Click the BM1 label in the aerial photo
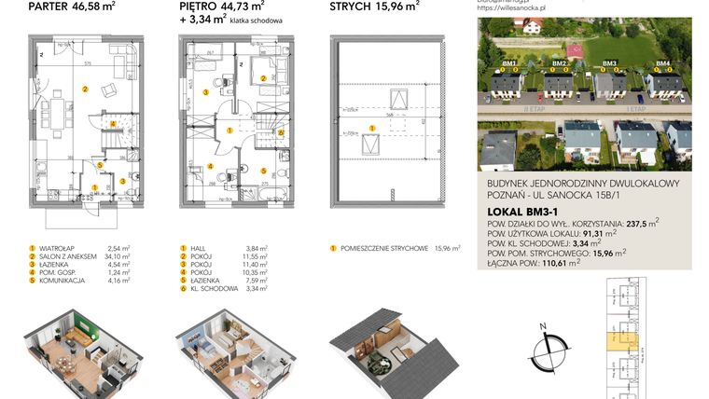[509, 63]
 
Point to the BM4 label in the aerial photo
[662, 63]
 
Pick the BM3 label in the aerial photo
[610, 63]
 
